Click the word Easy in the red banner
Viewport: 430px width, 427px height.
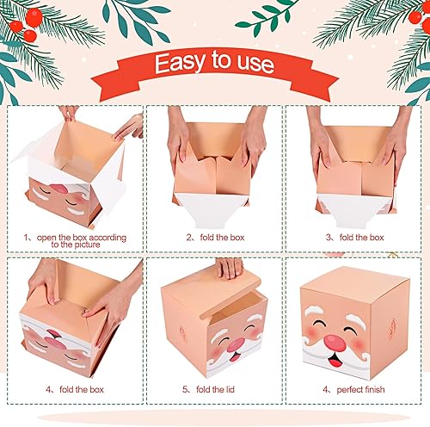(x=182, y=63)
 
